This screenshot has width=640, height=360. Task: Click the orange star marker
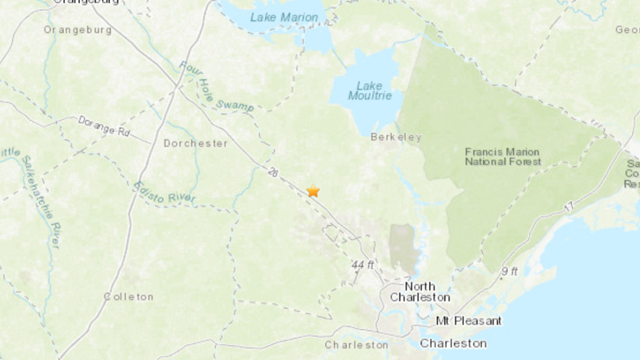[x=313, y=191]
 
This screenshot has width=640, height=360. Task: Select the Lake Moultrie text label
[x=369, y=91]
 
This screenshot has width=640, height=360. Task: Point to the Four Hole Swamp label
[x=216, y=87]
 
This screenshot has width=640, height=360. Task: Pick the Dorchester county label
[x=195, y=143]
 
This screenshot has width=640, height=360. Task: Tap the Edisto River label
[x=164, y=192]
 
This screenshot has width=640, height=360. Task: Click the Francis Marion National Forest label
[x=502, y=157]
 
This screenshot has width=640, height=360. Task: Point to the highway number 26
[x=273, y=174]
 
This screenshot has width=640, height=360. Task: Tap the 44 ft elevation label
[x=363, y=265]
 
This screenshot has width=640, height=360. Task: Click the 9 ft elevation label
[x=510, y=272]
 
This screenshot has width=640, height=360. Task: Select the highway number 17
[x=568, y=207]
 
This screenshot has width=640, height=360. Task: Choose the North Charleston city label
[x=420, y=291]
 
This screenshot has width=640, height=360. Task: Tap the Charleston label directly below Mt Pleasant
[x=453, y=343]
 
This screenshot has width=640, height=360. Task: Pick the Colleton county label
[x=129, y=297]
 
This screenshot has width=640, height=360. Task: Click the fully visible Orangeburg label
[x=77, y=30]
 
